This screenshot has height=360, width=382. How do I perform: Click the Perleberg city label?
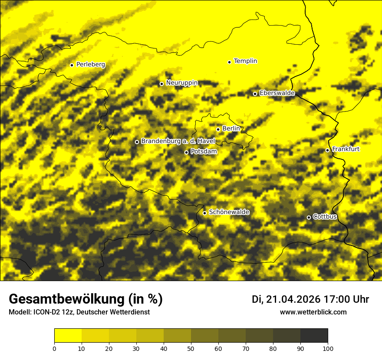coord(91,65)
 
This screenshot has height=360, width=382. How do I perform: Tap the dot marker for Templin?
coord(229,62)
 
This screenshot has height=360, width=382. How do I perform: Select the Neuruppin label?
coord(182,83)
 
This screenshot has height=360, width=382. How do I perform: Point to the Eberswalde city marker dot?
coord(255,94)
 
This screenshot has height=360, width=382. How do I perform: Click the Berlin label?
coord(231,129)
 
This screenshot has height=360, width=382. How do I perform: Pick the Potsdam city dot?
coord(186,152)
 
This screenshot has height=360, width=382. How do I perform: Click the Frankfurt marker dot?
coord(327,150)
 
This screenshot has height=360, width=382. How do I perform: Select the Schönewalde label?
coord(229,212)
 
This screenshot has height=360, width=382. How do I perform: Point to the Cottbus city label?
coord(325,216)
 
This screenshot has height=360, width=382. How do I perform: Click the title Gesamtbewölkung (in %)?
coord(86,299)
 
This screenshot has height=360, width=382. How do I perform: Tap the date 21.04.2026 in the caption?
coord(293,299)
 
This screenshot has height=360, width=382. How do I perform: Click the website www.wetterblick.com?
coord(313,312)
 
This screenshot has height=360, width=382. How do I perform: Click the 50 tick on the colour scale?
coord(191,348)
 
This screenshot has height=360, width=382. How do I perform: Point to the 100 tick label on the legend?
coord(328,348)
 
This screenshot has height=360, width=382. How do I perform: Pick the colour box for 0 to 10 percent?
coord(68,336)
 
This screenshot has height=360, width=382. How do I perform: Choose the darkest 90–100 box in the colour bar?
coord(314,336)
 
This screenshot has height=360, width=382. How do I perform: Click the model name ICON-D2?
coord(45,312)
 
